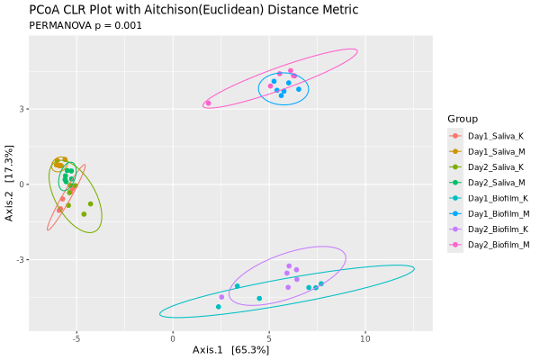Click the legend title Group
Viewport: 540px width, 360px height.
click(462, 119)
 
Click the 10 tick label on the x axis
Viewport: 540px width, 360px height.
click(365, 340)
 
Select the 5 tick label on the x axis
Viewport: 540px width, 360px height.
click(269, 340)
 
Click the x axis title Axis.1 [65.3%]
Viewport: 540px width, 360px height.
click(230, 350)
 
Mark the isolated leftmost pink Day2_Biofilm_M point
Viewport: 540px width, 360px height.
click(208, 103)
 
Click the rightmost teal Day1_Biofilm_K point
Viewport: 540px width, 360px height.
click(321, 283)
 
